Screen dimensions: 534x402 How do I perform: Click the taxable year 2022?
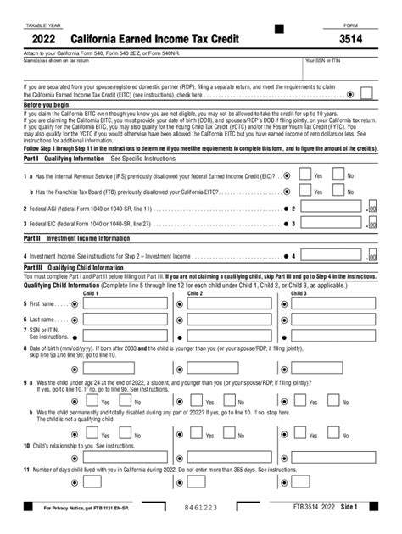(47, 39)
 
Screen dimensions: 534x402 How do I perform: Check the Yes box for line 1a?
(306, 175)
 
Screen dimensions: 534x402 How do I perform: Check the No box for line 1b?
(338, 192)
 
